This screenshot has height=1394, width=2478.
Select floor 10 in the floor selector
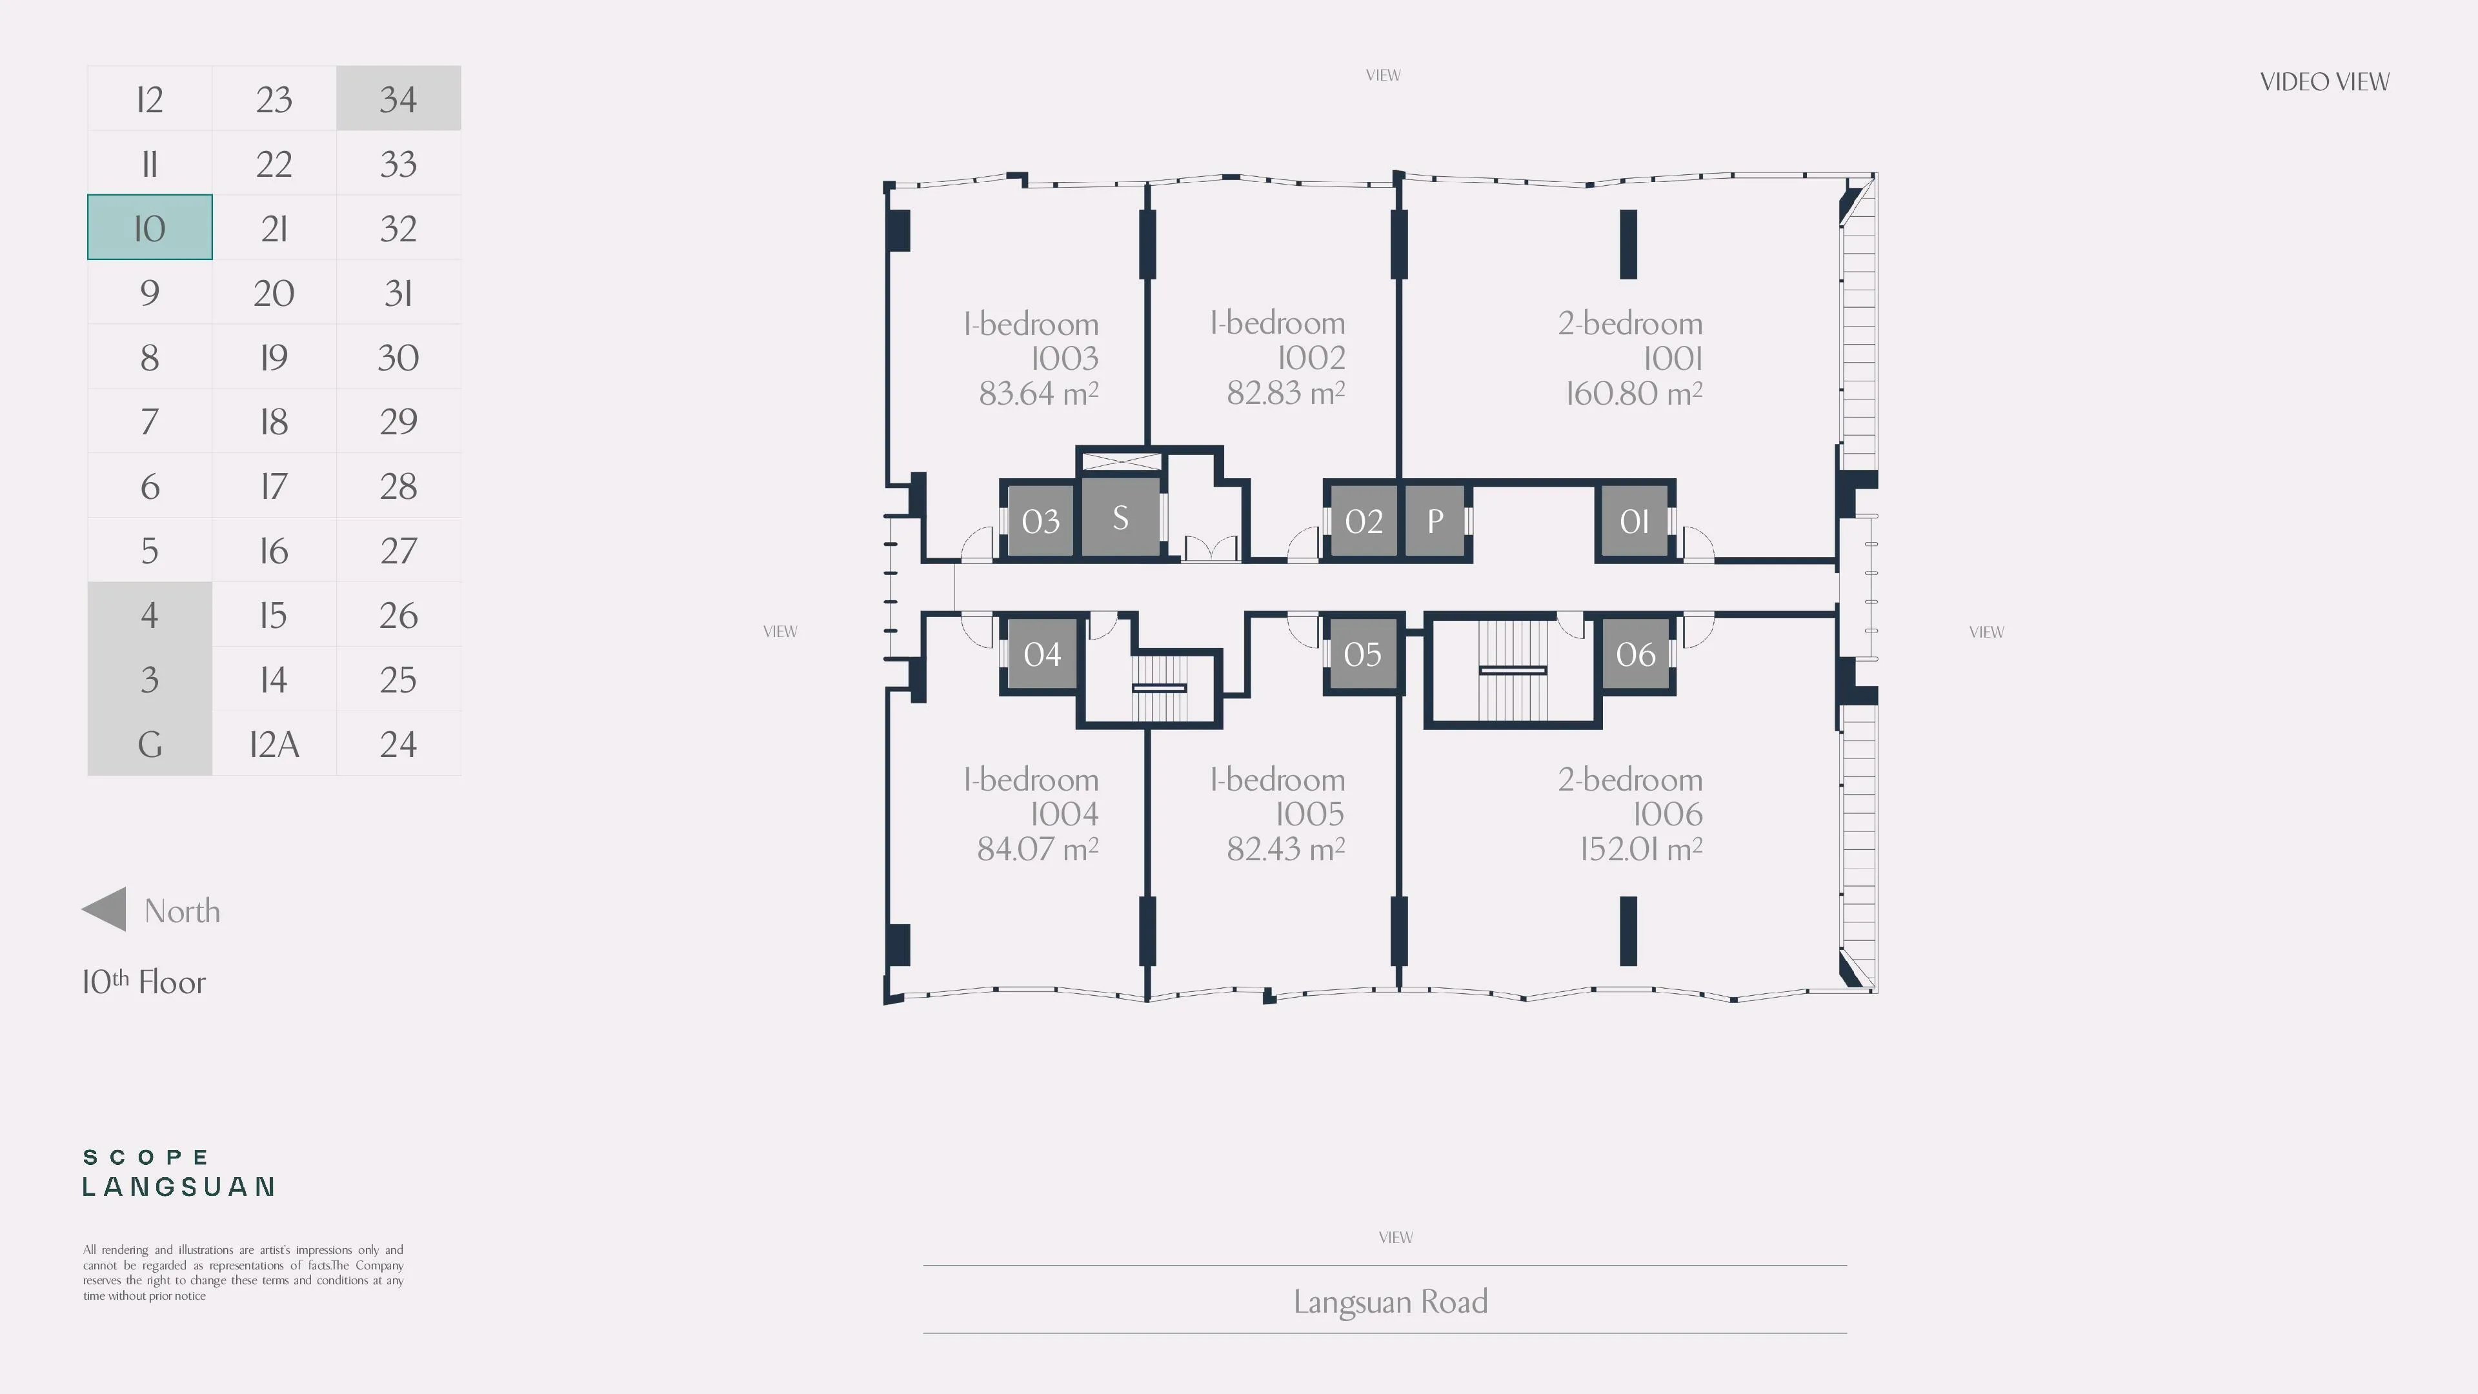coord(149,227)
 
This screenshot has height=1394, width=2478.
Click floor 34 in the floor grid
coord(398,98)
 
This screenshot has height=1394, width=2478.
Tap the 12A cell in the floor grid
coord(274,743)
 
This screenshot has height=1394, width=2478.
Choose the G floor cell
coord(149,743)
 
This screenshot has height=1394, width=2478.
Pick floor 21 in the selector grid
coord(274,227)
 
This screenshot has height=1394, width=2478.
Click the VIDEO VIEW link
coord(2324,82)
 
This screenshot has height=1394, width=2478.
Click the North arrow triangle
coord(104,909)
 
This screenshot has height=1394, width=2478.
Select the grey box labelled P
coord(1435,520)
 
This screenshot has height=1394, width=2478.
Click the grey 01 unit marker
coord(1635,520)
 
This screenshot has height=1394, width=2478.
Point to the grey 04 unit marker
coord(1042,653)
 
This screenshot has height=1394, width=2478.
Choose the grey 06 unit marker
coord(1635,653)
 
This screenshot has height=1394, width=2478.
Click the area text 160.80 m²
coord(1633,392)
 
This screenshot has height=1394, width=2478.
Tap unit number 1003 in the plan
coord(1064,358)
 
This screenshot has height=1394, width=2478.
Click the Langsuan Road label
coord(1390,1300)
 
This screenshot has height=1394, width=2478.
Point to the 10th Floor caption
coord(145,981)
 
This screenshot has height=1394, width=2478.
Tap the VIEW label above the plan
coord(1384,75)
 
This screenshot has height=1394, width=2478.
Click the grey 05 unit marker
coord(1362,653)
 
